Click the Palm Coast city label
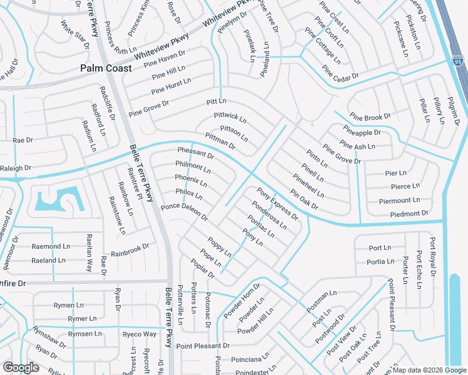click(106, 68)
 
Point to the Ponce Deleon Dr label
click(184, 212)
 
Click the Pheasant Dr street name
click(195, 152)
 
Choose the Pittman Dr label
click(219, 141)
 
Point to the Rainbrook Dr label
click(130, 250)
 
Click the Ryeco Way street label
click(139, 334)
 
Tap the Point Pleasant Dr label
click(203, 346)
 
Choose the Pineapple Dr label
click(361, 132)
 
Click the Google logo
click(21, 367)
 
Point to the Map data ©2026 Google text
click(429, 370)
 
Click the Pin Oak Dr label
click(304, 199)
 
